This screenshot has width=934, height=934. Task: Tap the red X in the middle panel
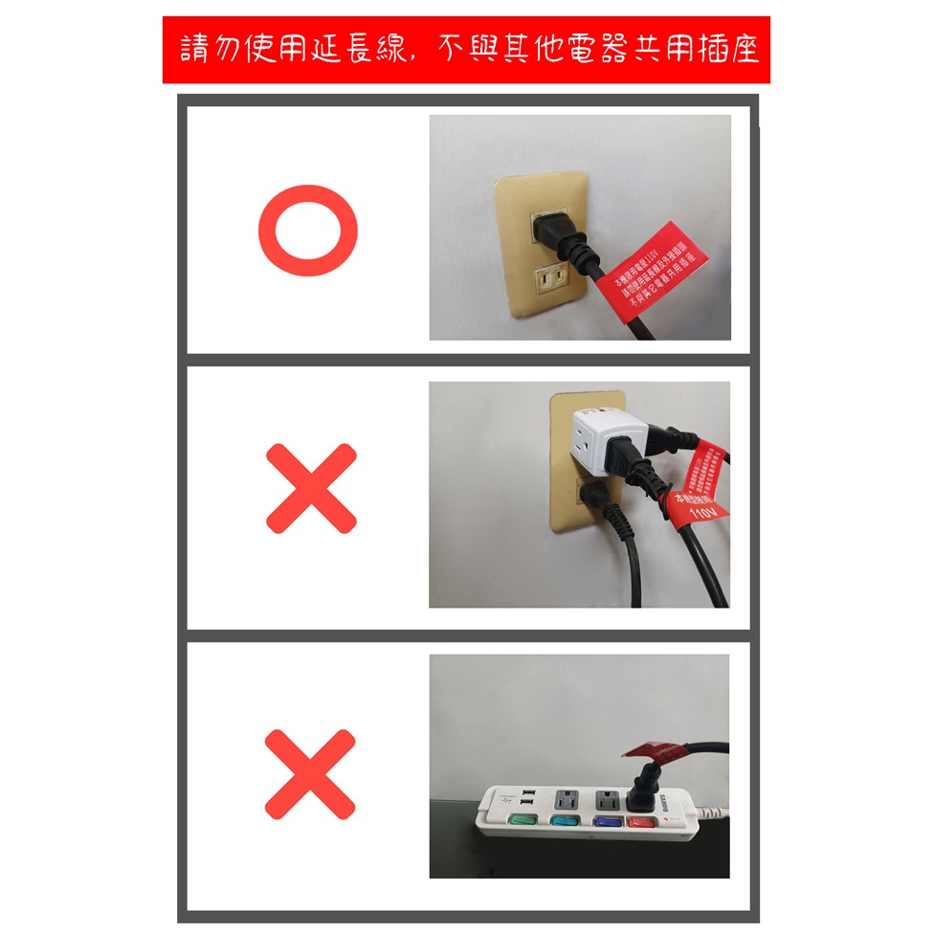pos(311,488)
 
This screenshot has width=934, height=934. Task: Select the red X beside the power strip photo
pos(310,773)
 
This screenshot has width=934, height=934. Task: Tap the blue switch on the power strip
pos(606,820)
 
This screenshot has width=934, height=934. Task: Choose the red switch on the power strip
pos(639,821)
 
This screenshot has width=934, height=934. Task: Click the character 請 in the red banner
pos(197,50)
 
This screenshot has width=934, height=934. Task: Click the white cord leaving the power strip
pos(714,812)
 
